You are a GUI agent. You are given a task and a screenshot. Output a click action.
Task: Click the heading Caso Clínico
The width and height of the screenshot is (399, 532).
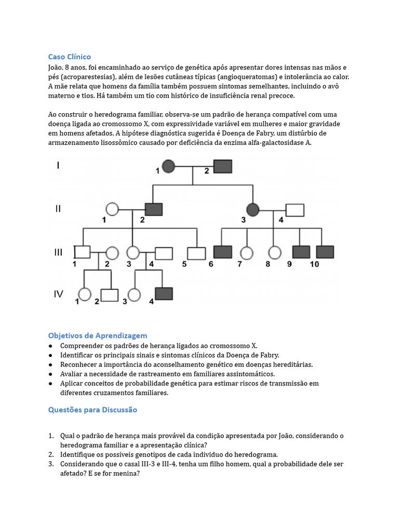click(x=69, y=57)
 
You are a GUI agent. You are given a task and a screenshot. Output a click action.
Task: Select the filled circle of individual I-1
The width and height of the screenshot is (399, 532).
click(x=168, y=167)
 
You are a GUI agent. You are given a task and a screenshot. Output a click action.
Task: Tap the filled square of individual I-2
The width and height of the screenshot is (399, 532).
click(x=223, y=167)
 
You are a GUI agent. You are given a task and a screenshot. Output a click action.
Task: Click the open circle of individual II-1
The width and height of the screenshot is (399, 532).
click(x=112, y=209)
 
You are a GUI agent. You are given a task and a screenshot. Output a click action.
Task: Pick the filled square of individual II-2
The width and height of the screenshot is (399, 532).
click(x=154, y=209)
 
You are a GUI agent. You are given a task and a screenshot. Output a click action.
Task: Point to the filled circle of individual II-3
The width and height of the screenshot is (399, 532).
click(x=252, y=209)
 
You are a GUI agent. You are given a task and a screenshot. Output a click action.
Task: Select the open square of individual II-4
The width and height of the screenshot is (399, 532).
click(x=295, y=209)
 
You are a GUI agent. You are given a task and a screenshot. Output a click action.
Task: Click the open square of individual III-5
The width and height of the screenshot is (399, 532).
click(x=196, y=253)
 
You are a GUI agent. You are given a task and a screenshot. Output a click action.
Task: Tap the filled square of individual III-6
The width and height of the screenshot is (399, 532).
click(x=222, y=252)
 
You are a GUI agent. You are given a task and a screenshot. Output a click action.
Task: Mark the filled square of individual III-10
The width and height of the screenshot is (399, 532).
click(x=325, y=252)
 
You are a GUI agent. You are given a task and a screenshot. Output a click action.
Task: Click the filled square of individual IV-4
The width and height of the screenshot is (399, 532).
click(x=164, y=295)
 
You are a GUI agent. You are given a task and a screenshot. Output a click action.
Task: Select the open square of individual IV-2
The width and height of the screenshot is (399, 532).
click(x=109, y=295)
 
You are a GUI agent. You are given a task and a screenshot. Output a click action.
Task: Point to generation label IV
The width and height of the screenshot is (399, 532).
click(x=58, y=294)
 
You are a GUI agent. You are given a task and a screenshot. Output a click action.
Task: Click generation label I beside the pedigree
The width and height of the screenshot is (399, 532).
click(x=58, y=166)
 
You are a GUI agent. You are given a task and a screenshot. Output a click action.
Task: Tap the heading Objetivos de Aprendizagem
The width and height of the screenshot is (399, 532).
click(x=98, y=335)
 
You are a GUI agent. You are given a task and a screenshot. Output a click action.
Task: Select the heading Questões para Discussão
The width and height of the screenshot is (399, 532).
click(x=92, y=409)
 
